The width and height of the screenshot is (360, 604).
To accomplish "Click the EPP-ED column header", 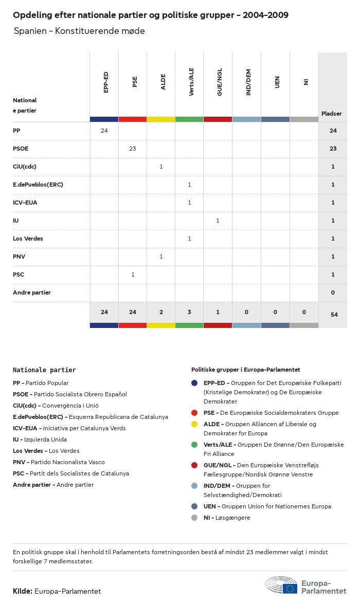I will [x=106, y=82].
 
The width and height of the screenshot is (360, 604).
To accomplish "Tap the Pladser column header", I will [x=332, y=114].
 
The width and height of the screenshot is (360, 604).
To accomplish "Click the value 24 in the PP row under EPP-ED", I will [x=104, y=131].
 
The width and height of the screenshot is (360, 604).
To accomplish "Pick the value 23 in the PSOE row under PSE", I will [x=133, y=149].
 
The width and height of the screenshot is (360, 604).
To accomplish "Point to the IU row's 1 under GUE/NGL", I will [x=218, y=221].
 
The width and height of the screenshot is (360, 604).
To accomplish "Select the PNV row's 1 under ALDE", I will [x=161, y=257].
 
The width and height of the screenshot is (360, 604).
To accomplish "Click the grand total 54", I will [x=334, y=315].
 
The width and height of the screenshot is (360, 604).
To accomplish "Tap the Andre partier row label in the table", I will [x=32, y=292].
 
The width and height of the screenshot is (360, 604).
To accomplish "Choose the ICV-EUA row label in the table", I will [x=25, y=203].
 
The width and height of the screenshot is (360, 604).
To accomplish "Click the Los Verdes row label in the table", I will [x=28, y=239].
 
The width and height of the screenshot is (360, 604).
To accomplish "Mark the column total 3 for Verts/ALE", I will [x=189, y=312].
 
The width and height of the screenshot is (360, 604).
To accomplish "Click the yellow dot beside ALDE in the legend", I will [x=194, y=424].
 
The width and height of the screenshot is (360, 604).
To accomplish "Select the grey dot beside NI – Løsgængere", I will [x=194, y=518].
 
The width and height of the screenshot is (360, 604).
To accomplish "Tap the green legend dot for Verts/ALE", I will [x=194, y=445].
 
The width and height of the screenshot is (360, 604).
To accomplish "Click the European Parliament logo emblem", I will [x=281, y=585].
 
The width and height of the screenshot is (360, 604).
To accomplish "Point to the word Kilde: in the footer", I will [x=23, y=591].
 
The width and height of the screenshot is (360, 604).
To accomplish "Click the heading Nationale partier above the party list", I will [x=44, y=370].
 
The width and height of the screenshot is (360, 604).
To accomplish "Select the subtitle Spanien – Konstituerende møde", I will [x=79, y=31].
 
